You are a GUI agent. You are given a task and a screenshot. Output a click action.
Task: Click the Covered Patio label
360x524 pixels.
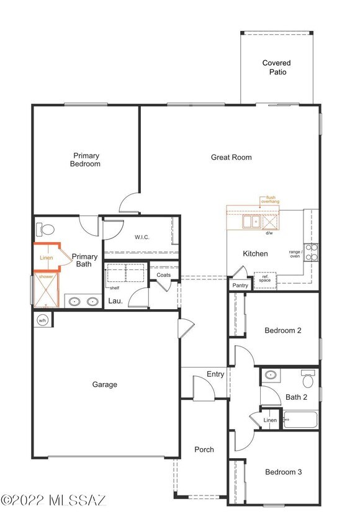[276, 68]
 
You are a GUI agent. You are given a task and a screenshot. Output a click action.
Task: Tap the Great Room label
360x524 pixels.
[231, 157]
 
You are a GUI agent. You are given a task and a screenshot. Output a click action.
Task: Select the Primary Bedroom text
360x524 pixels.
[86, 160]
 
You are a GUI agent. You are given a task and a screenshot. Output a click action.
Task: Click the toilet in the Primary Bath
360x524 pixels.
[45, 229]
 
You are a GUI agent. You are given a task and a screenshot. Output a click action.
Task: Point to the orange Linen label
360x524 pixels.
[46, 258]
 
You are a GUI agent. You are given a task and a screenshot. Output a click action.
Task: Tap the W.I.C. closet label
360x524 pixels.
[142, 237]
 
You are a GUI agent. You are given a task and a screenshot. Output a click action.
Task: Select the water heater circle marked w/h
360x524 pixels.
[43, 320]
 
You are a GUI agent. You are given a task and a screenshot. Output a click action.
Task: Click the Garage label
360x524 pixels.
[105, 384]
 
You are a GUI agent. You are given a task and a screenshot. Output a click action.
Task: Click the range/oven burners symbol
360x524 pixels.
[311, 251]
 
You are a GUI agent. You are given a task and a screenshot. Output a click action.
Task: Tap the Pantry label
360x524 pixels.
[240, 285]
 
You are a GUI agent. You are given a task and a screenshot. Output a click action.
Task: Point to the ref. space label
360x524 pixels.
[264, 278]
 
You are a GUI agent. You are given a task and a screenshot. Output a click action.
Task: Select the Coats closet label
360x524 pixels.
[164, 275]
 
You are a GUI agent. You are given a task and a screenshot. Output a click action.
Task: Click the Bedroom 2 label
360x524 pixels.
[283, 330]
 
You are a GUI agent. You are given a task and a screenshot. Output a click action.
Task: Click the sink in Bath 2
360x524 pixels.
[270, 375]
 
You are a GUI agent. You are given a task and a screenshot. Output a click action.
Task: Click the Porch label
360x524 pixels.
[204, 449]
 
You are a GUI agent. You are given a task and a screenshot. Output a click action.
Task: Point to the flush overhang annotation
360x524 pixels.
[269, 199]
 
